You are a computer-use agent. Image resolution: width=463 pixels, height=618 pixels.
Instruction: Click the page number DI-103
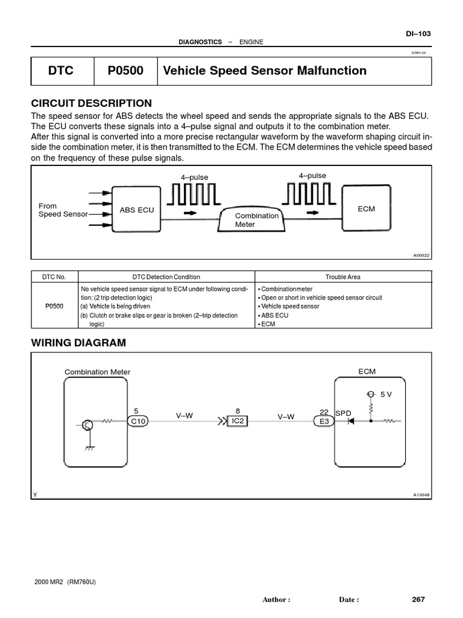418,34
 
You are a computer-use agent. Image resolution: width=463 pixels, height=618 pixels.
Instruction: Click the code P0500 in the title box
125,71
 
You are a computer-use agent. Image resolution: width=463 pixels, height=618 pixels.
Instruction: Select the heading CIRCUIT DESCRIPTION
91,103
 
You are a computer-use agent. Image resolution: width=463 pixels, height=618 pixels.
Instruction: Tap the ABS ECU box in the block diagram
137,209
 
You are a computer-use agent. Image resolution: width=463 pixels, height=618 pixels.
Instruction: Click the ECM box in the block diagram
366,209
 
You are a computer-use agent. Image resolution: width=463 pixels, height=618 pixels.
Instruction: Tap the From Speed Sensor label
63,210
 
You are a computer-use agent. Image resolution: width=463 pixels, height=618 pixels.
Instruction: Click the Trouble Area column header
343,277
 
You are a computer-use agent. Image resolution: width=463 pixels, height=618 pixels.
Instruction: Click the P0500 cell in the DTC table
55,306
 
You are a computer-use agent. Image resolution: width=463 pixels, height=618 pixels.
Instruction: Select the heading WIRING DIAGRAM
78,343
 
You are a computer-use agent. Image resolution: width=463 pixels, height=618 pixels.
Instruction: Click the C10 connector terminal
139,421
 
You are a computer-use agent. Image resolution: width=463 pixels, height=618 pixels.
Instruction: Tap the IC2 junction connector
238,421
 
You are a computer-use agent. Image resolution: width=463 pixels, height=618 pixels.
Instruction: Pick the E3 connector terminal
324,421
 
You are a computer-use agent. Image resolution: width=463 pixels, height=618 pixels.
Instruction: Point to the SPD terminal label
343,413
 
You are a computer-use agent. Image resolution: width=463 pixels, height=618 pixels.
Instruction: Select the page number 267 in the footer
418,599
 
